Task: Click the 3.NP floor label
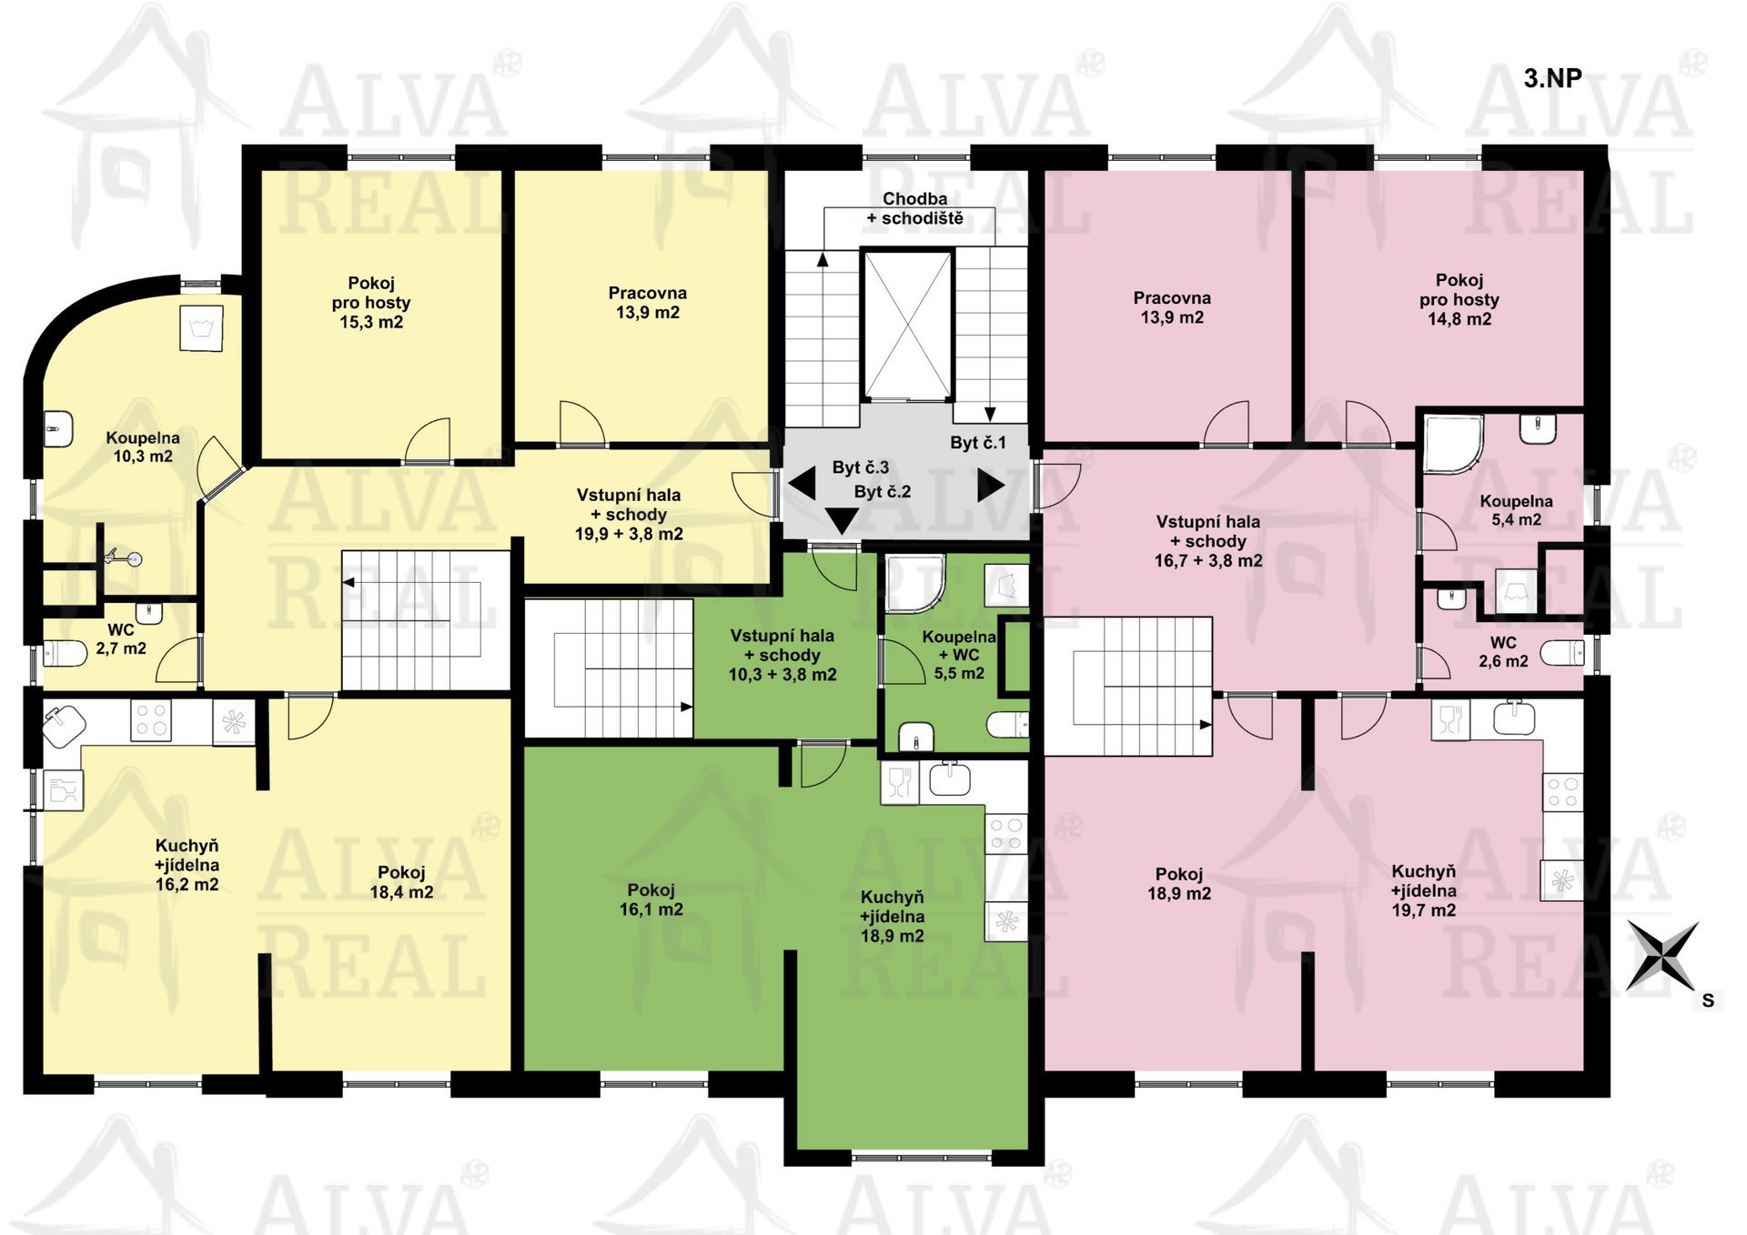click(1552, 78)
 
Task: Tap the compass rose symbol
click(1662, 956)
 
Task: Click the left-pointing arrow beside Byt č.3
click(802, 482)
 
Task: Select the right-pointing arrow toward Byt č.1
click(991, 485)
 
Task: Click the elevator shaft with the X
click(907, 326)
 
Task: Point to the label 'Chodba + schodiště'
click(914, 208)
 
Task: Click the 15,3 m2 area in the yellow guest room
click(371, 322)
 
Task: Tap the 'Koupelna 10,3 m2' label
click(143, 447)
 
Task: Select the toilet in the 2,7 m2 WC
click(65, 653)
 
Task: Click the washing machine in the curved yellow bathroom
click(201, 328)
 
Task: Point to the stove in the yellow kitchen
click(151, 720)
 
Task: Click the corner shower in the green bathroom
click(914, 584)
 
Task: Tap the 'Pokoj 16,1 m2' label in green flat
click(651, 899)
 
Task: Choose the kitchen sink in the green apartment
click(949, 780)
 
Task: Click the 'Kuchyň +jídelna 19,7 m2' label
click(1424, 890)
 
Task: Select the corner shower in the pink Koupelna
click(1453, 445)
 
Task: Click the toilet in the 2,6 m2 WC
click(1562, 653)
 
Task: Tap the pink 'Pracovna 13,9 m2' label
click(1172, 307)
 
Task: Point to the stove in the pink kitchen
click(1563, 792)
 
